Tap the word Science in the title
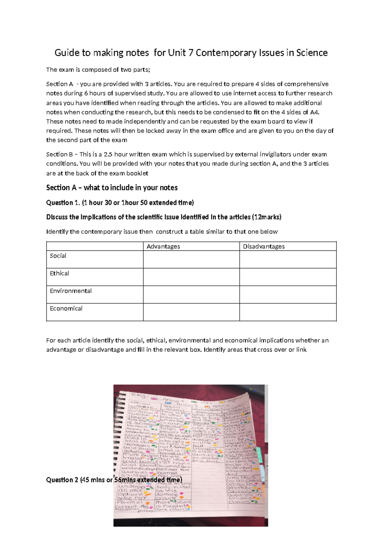pos(312,53)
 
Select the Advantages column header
pos(163,246)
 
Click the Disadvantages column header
pos(264,246)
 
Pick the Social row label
pos(58,256)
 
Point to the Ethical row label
pos(59,273)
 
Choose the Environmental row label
pos(71,291)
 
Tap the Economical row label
pos(66,308)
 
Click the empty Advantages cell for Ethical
pos(191,277)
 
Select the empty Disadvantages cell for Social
pos(288,259)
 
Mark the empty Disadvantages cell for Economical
pos(288,312)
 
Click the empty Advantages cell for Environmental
pos(191,294)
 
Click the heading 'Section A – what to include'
pos(112,188)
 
